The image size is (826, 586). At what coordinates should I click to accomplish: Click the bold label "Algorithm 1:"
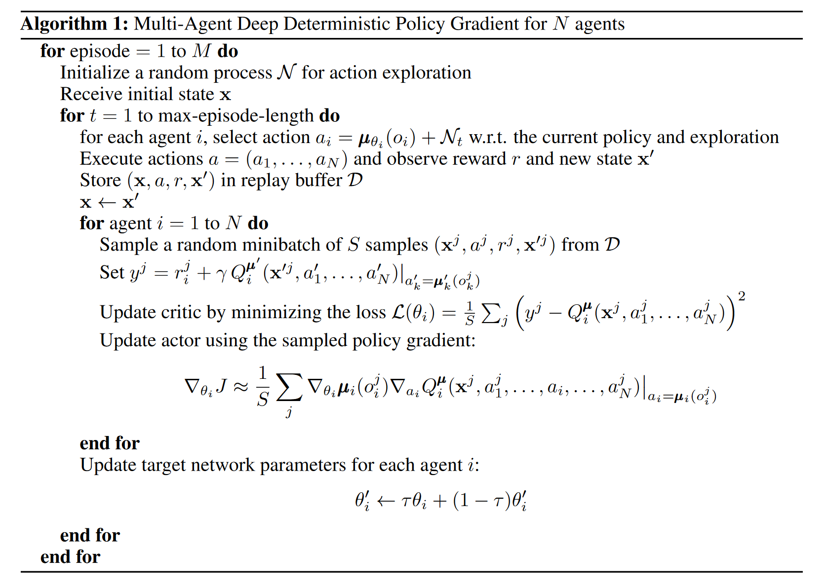tap(75, 24)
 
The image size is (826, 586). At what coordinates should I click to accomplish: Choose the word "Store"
tap(100, 181)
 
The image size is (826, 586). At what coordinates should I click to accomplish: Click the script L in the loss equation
tap(398, 312)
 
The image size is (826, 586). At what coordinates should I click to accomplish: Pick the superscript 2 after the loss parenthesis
tap(742, 296)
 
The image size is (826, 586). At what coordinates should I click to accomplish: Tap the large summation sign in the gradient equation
tap(289, 388)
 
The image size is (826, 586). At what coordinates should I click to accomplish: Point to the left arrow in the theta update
tap(386, 502)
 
